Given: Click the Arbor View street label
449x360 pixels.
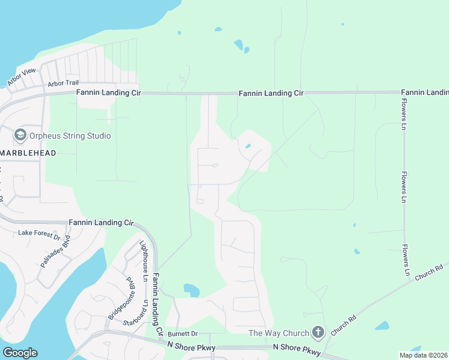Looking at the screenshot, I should click(21, 76).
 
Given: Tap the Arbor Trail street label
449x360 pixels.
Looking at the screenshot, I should click(64, 83).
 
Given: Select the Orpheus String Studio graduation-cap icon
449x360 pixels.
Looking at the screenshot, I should click(20, 135).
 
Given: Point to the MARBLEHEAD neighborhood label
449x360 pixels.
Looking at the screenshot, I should click(28, 153).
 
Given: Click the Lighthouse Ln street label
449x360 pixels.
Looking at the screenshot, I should click(143, 261).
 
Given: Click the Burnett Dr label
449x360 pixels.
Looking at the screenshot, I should click(182, 333).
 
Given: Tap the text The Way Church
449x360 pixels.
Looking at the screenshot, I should click(279, 333).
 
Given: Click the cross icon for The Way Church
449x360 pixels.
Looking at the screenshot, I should click(318, 332).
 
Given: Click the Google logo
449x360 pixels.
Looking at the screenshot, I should click(20, 353).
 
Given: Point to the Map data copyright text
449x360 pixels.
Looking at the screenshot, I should click(423, 355).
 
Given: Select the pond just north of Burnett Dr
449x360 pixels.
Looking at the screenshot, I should click(191, 290).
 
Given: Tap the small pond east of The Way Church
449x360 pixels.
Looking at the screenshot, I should click(382, 326).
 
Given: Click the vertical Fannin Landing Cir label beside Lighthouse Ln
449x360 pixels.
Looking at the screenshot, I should click(158, 304).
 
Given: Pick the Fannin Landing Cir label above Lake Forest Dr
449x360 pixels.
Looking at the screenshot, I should click(100, 222).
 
